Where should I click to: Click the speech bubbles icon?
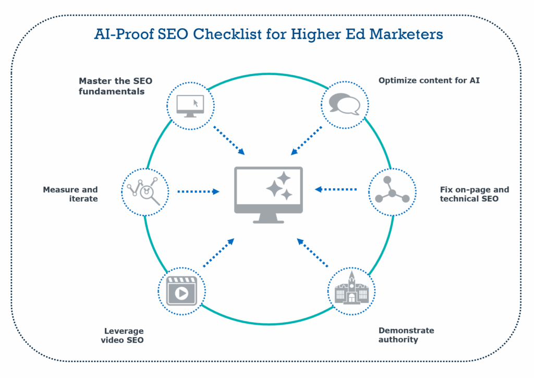point(345,104)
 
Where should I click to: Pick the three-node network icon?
point(392,192)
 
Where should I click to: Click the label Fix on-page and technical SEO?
point(474,194)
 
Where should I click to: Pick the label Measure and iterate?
point(70,194)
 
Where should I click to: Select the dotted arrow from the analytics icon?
point(198,191)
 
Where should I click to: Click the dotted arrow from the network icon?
point(336,189)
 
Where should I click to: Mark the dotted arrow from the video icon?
point(219,252)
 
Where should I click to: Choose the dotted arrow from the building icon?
point(313,252)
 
